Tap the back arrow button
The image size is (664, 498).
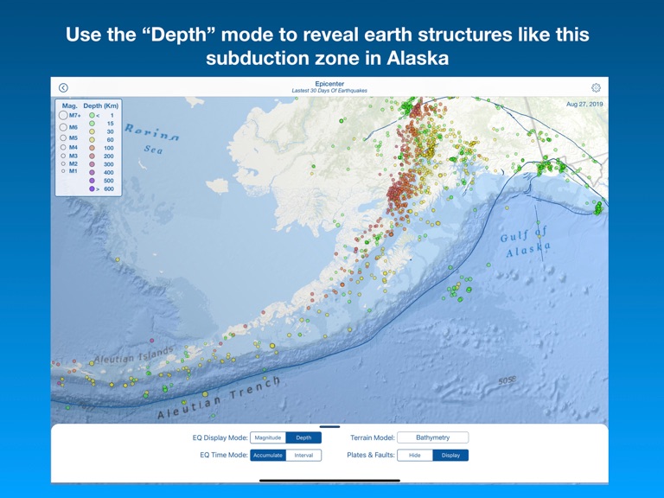(x=63, y=87)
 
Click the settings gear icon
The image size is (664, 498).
(x=596, y=87)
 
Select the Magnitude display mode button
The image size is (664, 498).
(x=268, y=437)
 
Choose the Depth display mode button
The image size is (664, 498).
(x=303, y=437)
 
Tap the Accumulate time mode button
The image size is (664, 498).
(x=268, y=455)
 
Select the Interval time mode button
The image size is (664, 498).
(x=303, y=455)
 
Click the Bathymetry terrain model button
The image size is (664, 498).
(x=432, y=437)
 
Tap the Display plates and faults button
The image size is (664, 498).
(x=450, y=455)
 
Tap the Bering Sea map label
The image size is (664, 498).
(x=152, y=138)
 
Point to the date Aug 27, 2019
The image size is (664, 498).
(x=584, y=104)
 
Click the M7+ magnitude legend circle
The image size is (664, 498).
(x=64, y=115)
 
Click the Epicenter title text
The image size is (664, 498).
(x=329, y=84)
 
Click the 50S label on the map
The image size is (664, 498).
(x=507, y=380)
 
